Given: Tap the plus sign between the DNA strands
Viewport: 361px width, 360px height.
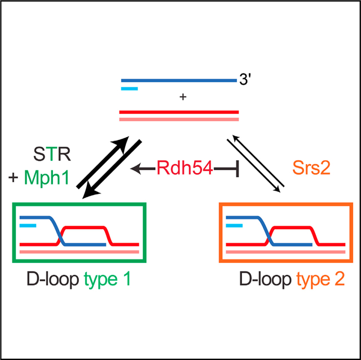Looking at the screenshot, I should (x=182, y=98).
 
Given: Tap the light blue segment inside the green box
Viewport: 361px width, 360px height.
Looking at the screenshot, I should (x=28, y=226).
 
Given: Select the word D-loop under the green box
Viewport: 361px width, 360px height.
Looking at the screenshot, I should (x=52, y=279).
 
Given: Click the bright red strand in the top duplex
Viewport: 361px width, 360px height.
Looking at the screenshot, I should (x=179, y=112).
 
